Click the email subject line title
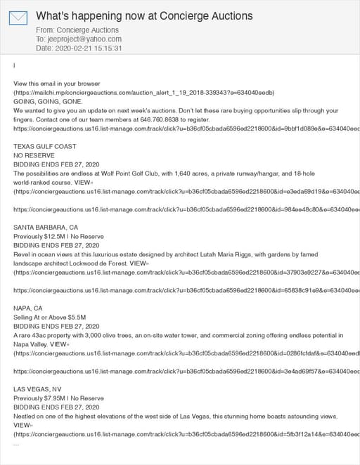144,15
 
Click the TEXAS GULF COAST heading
45,146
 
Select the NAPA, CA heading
28,308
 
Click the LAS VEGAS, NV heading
37,389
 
